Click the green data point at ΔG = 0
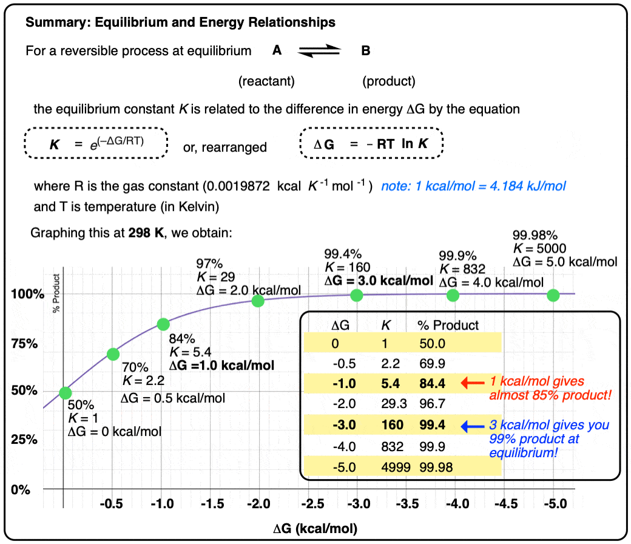[x=65, y=393]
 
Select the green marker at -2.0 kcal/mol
[x=258, y=301]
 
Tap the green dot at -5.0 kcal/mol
[x=553, y=295]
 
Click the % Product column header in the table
[x=448, y=325]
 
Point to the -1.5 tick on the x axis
[x=209, y=504]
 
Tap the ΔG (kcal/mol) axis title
[x=315, y=528]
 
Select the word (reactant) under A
[x=266, y=81]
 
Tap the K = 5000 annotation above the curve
[x=539, y=248]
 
